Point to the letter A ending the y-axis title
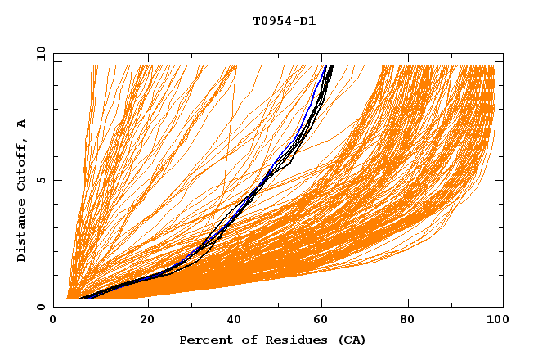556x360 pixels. click(21, 124)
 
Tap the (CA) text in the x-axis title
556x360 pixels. click(350, 340)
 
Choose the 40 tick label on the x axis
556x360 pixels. click(235, 320)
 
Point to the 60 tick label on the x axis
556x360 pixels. click(324, 320)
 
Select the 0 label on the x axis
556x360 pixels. click(54, 320)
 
